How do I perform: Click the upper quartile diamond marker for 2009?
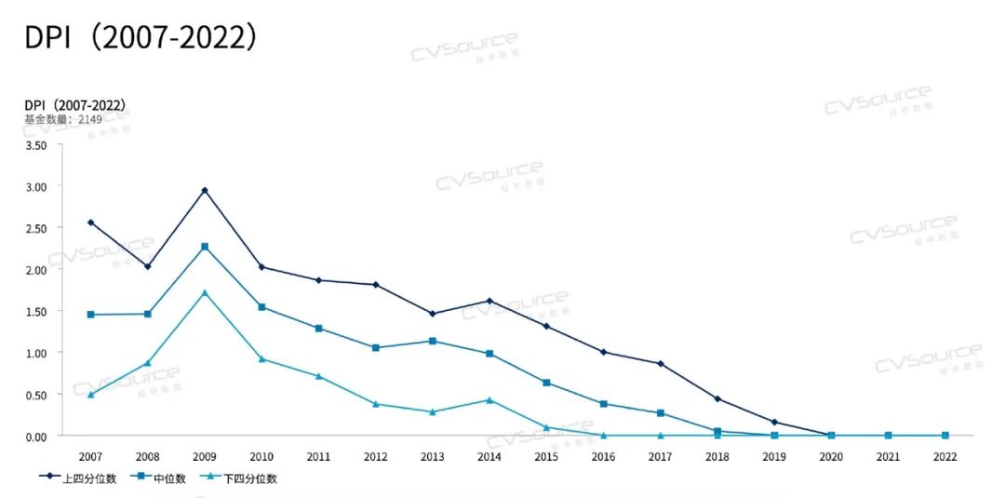205,190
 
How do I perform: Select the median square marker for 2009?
205,247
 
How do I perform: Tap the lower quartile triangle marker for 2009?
205,292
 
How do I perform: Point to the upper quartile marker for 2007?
90,222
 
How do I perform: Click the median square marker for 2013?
433,341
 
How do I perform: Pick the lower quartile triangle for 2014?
489,400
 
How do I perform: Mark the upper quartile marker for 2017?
661,363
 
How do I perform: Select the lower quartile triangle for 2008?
147,363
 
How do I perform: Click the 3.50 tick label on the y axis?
35,145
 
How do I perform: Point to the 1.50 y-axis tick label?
35,311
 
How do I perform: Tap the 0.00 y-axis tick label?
35,436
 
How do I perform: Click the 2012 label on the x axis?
375,457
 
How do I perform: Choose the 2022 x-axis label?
945,457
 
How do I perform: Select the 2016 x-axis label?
603,457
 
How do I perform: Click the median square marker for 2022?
945,435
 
